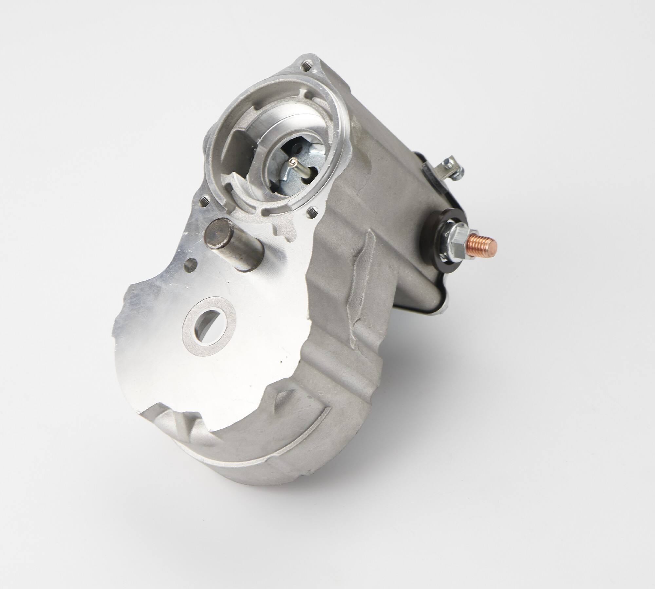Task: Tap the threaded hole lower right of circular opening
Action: point(312,211)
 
